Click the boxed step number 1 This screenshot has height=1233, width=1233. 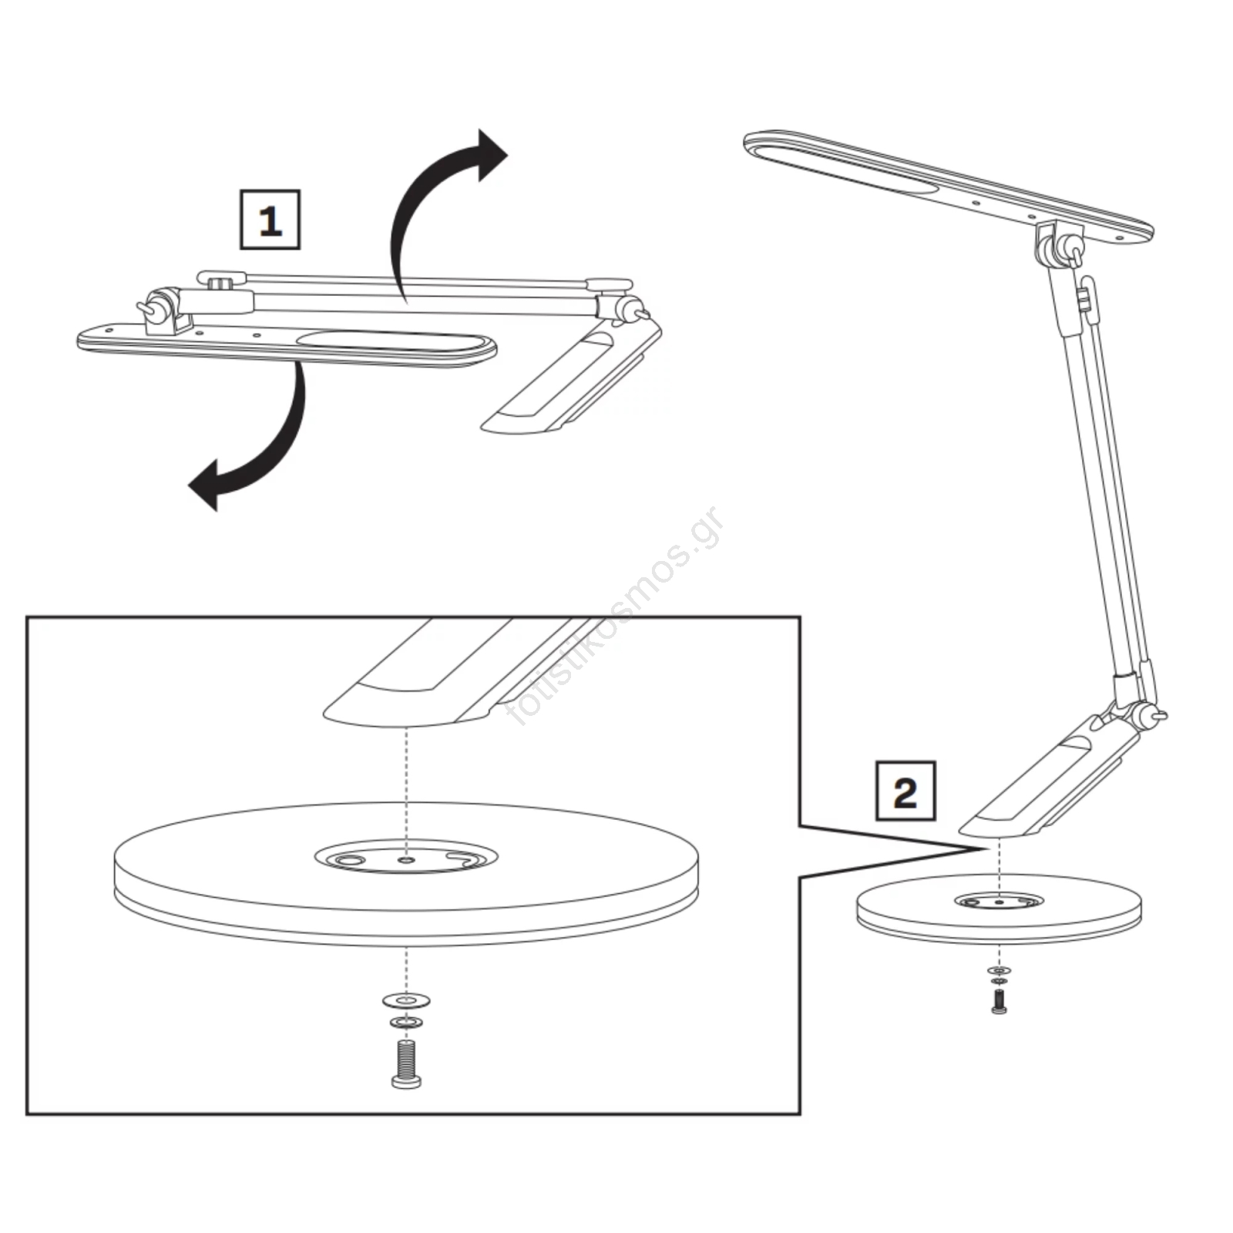coord(270,220)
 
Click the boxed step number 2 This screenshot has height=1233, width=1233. coord(905,791)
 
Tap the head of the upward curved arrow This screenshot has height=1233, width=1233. coord(490,155)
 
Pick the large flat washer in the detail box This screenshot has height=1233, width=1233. coord(406,1001)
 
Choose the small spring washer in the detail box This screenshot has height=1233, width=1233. coord(406,1023)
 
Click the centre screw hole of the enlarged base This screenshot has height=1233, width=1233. coord(406,858)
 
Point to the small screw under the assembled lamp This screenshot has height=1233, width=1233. coord(999,1001)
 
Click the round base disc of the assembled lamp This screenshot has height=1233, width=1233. coord(999,909)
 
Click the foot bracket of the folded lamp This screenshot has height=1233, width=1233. coord(571,378)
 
